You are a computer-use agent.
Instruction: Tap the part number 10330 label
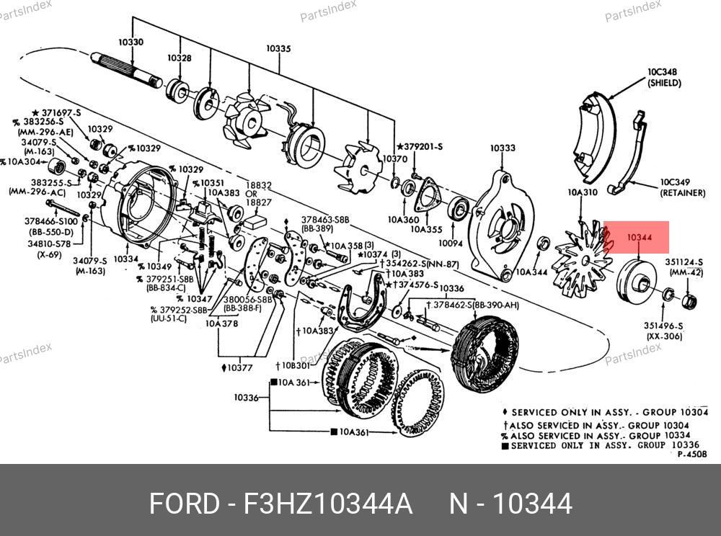point(131,42)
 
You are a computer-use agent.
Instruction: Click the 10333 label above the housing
point(503,148)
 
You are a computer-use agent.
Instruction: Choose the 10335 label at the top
point(278,49)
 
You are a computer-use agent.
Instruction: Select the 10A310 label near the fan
point(583,193)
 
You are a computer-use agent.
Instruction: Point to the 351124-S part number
point(684,262)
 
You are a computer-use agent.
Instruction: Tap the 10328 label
point(180,58)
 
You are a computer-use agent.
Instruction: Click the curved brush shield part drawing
point(593,135)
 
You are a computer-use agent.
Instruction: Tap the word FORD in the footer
point(183,504)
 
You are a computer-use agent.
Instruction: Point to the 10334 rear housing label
point(125,259)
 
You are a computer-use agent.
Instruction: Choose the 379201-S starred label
point(419,147)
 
